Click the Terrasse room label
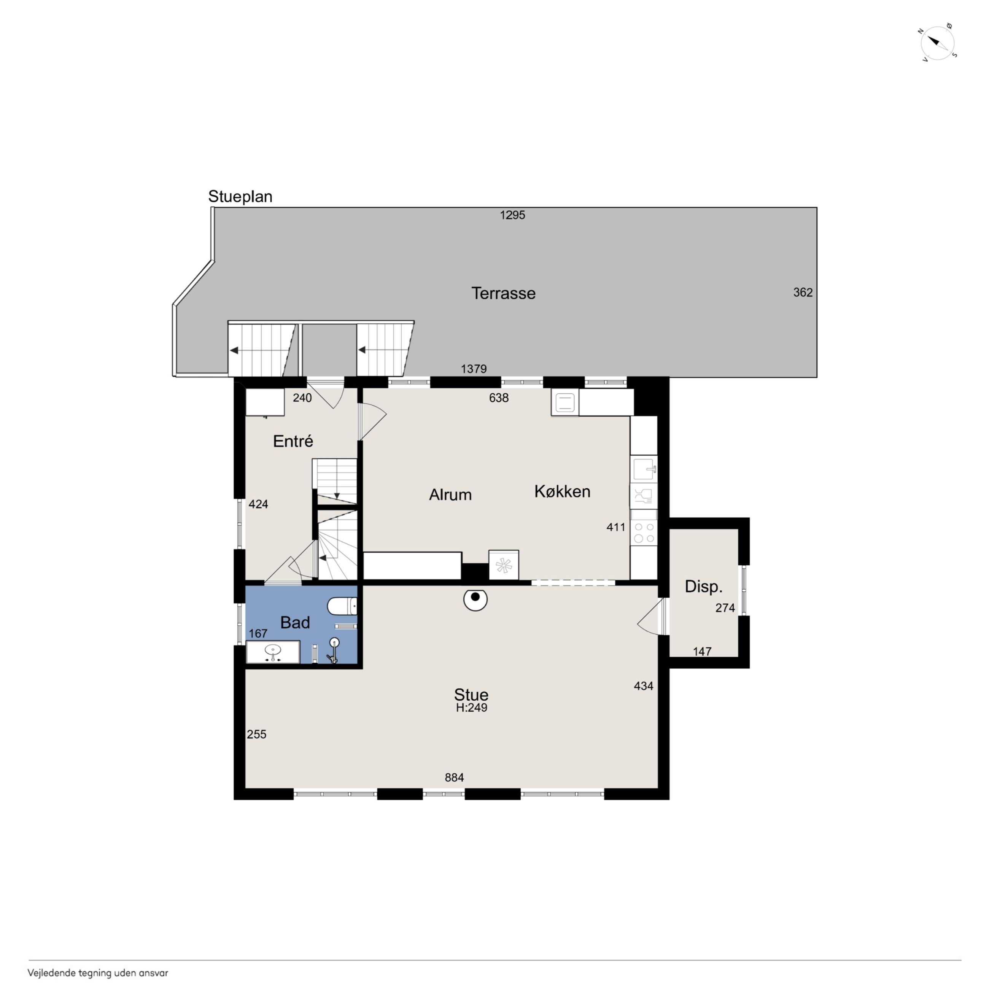pos(503,293)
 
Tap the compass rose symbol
pos(938,43)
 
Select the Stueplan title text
pos(240,197)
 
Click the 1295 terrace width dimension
pos(512,215)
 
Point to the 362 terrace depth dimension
pos(803,292)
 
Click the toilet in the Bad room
pos(342,606)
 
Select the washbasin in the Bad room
pos(273,652)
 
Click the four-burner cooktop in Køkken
pos(644,533)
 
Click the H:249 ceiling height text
pos(471,708)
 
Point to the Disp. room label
pos(704,587)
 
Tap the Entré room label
pos(293,441)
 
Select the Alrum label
pos(450,494)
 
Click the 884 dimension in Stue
pos(454,778)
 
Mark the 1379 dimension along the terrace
pos(474,369)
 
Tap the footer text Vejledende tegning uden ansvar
pos(98,973)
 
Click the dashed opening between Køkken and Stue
pos(573,582)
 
